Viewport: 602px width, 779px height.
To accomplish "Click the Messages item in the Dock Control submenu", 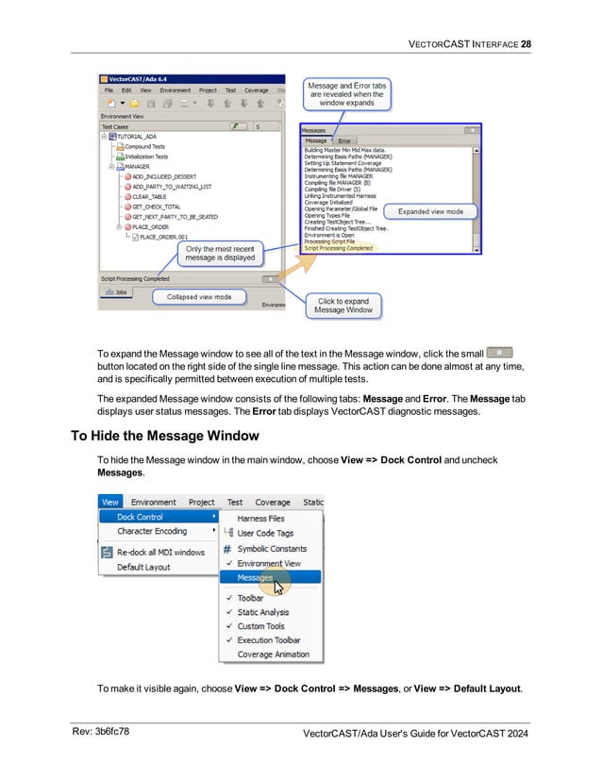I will click(x=255, y=578).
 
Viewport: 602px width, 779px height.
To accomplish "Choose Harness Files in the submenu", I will click(x=260, y=518).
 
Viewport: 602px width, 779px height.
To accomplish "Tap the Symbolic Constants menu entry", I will click(x=272, y=548).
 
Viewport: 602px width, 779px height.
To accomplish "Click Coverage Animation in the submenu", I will click(x=273, y=655).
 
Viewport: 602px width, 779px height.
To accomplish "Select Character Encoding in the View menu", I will click(x=152, y=531).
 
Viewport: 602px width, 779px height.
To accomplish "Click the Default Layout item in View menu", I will click(x=143, y=567).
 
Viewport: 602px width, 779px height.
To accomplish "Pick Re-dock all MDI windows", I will click(x=160, y=552).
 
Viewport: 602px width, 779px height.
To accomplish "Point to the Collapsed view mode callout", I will click(x=199, y=297).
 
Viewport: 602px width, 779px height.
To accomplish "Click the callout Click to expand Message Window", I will click(x=343, y=306).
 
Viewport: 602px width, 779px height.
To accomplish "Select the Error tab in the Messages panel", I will click(x=344, y=141).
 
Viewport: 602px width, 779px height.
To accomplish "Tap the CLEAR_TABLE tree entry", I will click(x=149, y=196).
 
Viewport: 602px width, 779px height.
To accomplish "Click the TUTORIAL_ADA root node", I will click(x=136, y=136).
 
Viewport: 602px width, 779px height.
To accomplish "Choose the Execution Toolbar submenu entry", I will click(x=269, y=639).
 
